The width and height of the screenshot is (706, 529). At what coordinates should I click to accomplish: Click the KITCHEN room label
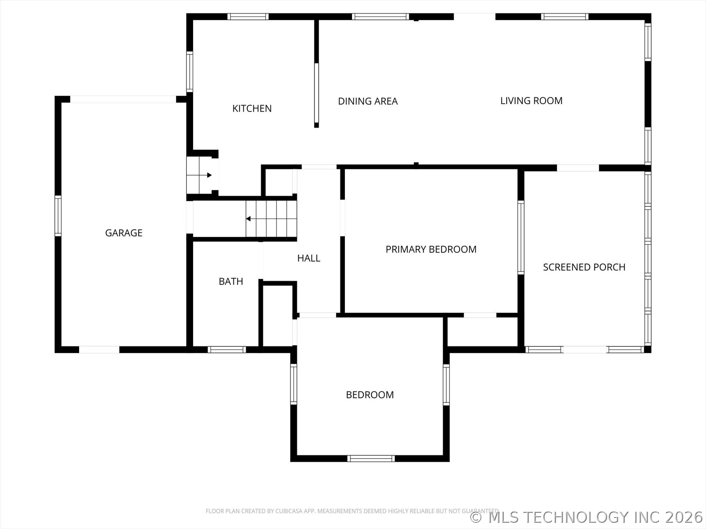pyautogui.click(x=252, y=108)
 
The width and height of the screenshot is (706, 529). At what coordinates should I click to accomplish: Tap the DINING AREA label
pyautogui.click(x=368, y=101)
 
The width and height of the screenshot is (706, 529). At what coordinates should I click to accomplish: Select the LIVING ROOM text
pyautogui.click(x=531, y=101)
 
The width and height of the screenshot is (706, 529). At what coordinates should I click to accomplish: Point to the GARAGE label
pyautogui.click(x=124, y=233)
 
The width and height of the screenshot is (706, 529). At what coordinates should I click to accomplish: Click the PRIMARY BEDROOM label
pyautogui.click(x=431, y=249)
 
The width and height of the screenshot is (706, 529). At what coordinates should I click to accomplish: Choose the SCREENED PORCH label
pyautogui.click(x=584, y=267)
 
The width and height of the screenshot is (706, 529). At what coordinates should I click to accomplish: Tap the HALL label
pyautogui.click(x=309, y=258)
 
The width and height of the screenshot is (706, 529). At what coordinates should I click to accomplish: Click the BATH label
pyautogui.click(x=231, y=281)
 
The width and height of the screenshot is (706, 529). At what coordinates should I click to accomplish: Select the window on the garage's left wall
pyautogui.click(x=58, y=216)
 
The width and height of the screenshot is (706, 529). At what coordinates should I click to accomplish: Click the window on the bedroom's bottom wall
pyautogui.click(x=371, y=458)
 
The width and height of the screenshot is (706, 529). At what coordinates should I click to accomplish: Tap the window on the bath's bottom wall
pyautogui.click(x=227, y=349)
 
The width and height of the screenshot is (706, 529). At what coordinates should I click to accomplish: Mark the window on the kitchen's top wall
pyautogui.click(x=248, y=17)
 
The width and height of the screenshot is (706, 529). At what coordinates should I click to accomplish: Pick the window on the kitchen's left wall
pyautogui.click(x=189, y=72)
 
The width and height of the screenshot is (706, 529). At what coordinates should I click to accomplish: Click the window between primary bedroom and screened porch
pyautogui.click(x=521, y=237)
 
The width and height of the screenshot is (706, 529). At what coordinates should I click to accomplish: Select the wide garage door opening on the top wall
pyautogui.click(x=123, y=99)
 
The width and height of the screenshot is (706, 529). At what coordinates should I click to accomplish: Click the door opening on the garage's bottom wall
pyautogui.click(x=99, y=350)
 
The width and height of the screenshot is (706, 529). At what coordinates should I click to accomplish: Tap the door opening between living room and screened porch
pyautogui.click(x=578, y=168)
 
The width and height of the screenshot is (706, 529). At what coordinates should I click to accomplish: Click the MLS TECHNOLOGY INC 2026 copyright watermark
pyautogui.click(x=586, y=517)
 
